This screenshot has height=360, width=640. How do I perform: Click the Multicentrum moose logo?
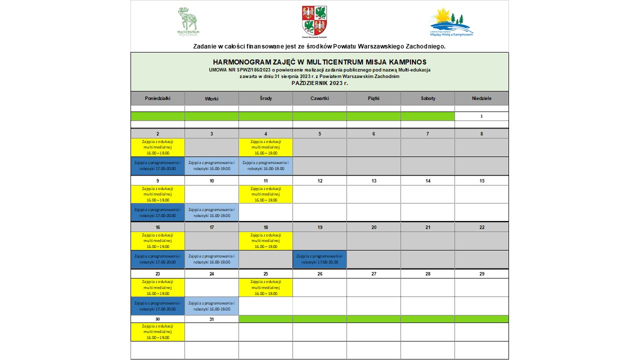[x=188, y=21]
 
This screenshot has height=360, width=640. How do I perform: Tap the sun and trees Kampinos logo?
[x=451, y=21]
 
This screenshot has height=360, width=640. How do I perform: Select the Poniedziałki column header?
[x=157, y=98]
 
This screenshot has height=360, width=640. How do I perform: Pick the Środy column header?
[x=266, y=98]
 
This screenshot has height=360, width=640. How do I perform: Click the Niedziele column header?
[x=481, y=98]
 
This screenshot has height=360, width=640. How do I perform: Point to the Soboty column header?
[x=428, y=98]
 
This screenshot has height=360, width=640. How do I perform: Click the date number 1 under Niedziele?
[x=481, y=116]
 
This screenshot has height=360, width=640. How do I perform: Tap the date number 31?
[x=212, y=319]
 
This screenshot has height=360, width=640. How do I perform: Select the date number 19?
[x=320, y=227]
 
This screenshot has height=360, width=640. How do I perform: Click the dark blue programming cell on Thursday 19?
[x=320, y=259]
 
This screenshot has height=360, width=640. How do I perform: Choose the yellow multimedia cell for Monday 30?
[x=158, y=331]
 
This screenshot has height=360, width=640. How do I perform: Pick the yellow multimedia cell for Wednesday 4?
[x=266, y=147]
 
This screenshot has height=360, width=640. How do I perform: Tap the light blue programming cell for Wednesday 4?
[x=266, y=165]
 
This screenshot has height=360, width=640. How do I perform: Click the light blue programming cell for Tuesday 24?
[x=212, y=305]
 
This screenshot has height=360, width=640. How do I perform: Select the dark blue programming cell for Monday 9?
[x=158, y=212]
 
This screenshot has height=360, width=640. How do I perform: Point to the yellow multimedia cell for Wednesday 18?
[x=266, y=240]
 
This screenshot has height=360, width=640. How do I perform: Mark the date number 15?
[x=482, y=180]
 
